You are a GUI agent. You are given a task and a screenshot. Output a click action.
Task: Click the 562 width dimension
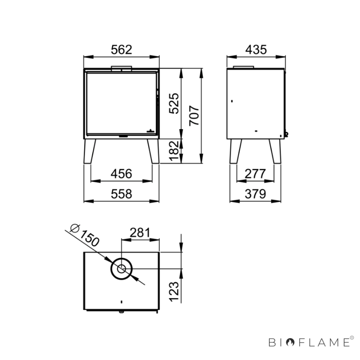pyautogui.click(x=121, y=50)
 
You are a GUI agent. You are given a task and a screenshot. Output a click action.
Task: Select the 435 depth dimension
pyautogui.click(x=256, y=50)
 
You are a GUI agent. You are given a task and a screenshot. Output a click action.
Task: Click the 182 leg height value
pyautogui.click(x=174, y=151)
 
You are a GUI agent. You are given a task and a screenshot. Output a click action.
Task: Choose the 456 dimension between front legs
pyautogui.click(x=121, y=174)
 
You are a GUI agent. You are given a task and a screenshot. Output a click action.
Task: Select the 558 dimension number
pyautogui.click(x=121, y=194)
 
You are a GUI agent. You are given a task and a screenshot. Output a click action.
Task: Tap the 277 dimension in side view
pyautogui.click(x=255, y=174)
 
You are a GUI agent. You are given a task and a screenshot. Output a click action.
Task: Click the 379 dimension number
pyautogui.click(x=255, y=194)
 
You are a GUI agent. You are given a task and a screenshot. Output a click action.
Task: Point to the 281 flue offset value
pyautogui.click(x=140, y=232)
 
